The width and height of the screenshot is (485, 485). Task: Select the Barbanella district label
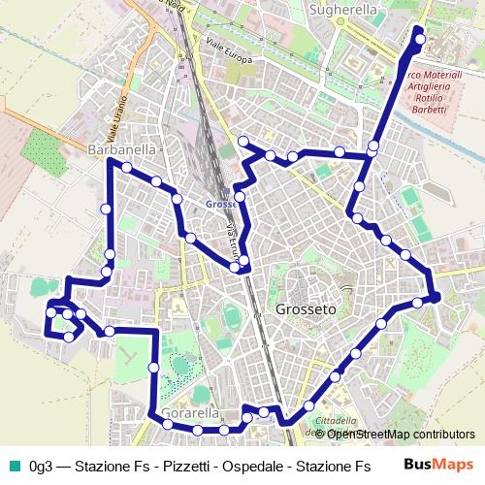121,150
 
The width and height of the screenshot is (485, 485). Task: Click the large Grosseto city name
306,309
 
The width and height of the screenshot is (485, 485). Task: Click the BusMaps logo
438,464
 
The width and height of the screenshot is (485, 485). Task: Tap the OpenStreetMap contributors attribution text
402,435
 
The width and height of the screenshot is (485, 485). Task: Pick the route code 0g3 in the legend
41,465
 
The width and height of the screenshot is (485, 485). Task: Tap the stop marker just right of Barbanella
127,167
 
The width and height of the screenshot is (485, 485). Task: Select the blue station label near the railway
222,204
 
